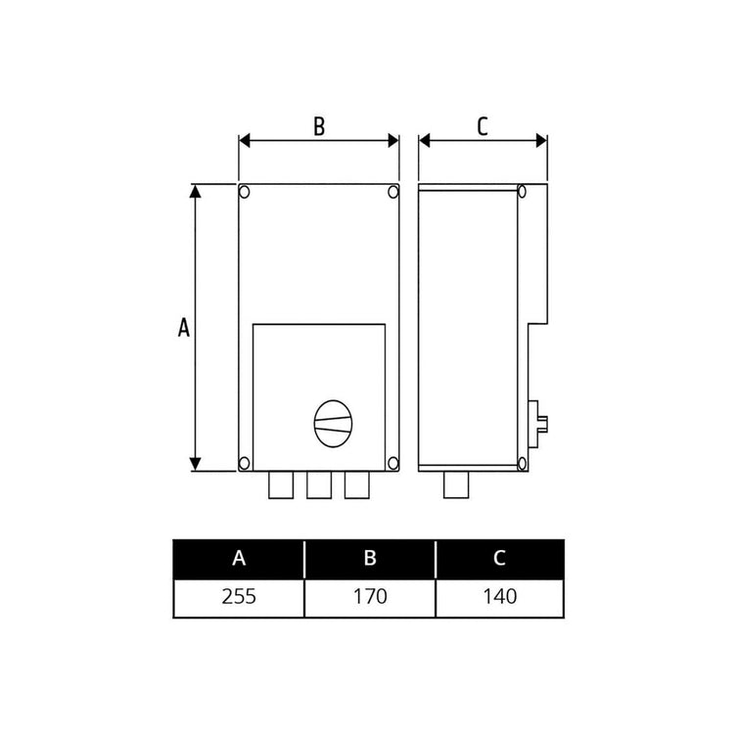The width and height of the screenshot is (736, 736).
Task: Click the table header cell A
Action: click(x=239, y=559)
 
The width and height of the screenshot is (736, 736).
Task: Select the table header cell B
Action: click(x=370, y=559)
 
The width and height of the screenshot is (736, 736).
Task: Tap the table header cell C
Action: click(x=499, y=559)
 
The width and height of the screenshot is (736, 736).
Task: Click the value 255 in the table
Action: click(x=239, y=596)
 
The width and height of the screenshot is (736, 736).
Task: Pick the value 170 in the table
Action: click(x=370, y=596)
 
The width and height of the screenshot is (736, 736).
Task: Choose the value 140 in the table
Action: click(x=499, y=596)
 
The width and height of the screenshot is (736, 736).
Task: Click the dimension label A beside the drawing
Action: click(x=183, y=328)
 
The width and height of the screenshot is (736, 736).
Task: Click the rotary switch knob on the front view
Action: click(x=331, y=422)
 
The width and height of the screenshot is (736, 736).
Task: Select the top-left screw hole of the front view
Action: click(x=246, y=191)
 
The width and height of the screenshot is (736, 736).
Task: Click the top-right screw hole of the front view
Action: click(x=392, y=191)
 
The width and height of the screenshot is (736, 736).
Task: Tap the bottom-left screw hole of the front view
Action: click(x=246, y=462)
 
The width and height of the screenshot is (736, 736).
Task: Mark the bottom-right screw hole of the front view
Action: click(x=392, y=462)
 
